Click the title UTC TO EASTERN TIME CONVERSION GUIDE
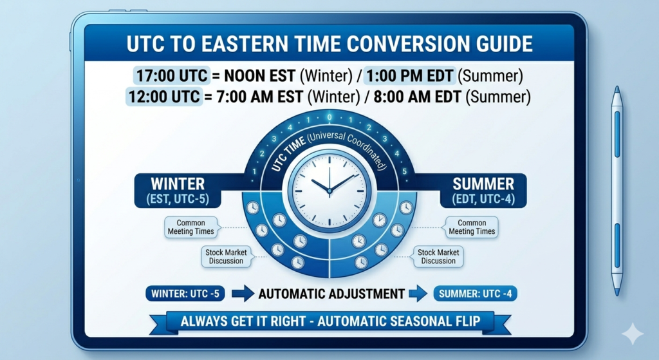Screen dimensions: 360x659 329,44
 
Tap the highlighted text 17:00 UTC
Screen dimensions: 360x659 171,75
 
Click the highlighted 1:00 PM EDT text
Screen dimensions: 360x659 410,75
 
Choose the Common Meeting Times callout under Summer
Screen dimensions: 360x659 472,227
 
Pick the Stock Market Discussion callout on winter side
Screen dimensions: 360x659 226,256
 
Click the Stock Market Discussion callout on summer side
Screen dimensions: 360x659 438,256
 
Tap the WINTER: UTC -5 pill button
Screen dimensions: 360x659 185,294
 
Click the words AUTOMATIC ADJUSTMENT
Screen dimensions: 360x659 331,294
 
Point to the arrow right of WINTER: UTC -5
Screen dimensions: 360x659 243,294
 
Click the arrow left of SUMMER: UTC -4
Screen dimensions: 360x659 420,294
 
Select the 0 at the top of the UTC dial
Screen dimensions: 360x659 329,118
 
